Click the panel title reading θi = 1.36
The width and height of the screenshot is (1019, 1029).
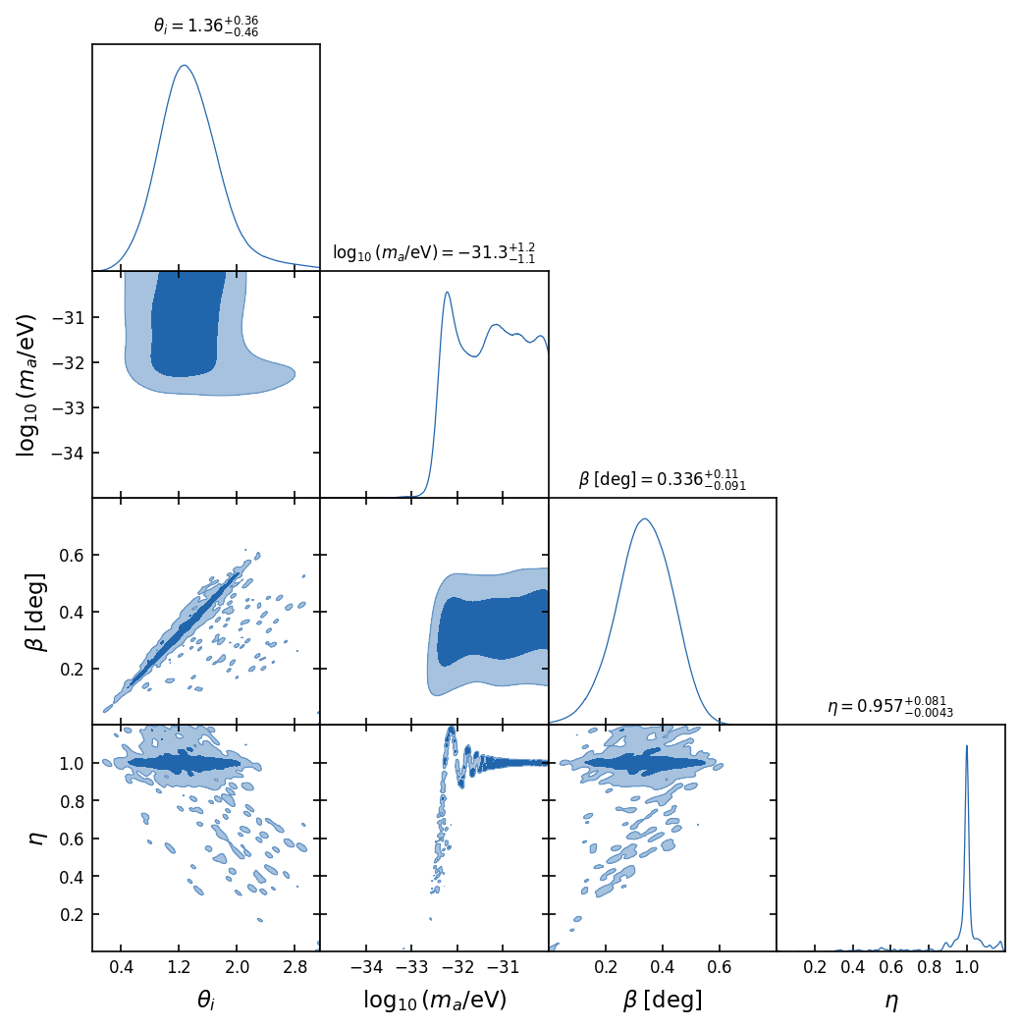coord(206,27)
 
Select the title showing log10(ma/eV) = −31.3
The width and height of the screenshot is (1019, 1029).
coord(434,253)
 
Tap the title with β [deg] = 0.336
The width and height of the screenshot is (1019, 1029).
coord(662,480)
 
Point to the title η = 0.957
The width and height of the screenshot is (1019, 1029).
coord(889,707)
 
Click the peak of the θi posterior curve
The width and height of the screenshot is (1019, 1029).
coord(184,66)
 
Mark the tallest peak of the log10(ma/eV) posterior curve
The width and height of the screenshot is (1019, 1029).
coord(447,292)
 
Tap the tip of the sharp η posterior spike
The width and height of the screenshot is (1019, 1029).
coord(967,745)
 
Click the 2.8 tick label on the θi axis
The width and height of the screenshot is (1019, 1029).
coord(294,967)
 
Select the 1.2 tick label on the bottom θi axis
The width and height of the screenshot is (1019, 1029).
coord(179,967)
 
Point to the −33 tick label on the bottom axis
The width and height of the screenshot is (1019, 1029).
coord(411,967)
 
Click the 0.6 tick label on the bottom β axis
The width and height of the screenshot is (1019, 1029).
coord(720,967)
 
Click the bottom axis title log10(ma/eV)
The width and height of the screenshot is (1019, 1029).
coord(434,1001)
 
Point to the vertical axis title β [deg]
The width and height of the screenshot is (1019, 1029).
coord(35,611)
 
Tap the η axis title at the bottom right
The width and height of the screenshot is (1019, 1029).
coord(890,1001)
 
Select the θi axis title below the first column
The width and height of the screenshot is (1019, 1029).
coord(206,1001)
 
